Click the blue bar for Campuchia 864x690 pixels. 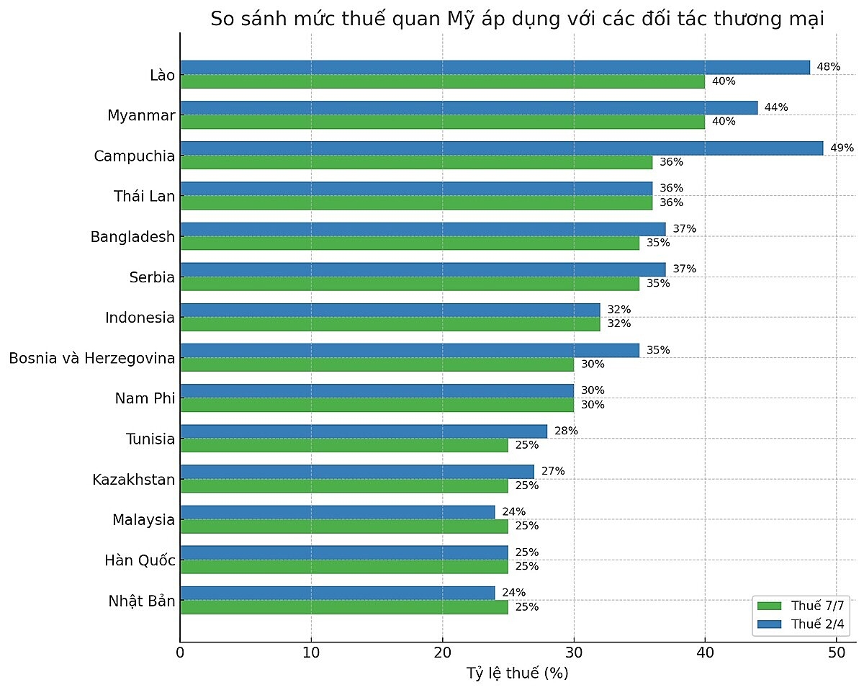click(x=501, y=148)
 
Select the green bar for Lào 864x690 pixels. click(x=442, y=81)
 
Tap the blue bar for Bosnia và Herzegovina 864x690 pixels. click(x=409, y=351)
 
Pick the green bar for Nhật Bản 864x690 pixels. click(x=343, y=607)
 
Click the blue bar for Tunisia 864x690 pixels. click(x=363, y=431)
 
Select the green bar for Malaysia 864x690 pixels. click(x=343, y=527)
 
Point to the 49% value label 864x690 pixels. click(x=842, y=148)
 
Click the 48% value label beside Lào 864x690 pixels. click(x=829, y=67)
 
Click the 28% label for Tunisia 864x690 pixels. click(x=566, y=431)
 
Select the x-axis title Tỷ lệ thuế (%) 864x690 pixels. click(x=518, y=673)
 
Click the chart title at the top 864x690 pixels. click(x=517, y=19)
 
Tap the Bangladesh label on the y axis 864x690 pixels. click(x=132, y=236)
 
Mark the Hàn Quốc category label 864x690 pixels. click(x=140, y=560)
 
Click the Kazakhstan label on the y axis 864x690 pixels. click(x=133, y=479)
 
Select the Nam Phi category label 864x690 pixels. click(x=145, y=398)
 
